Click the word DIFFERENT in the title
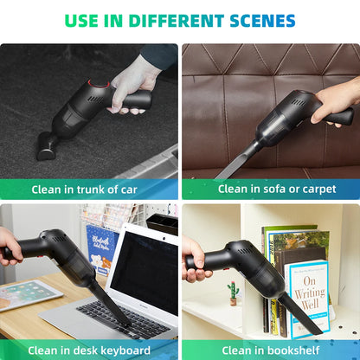coord(181,21)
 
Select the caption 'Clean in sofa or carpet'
coord(277,189)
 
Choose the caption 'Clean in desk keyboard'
coord(89,350)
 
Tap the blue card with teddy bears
coord(101,246)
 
